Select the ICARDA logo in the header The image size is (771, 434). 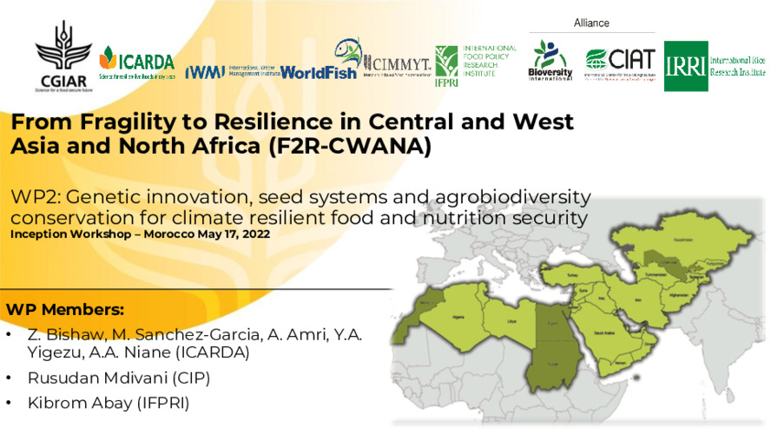coord(136,62)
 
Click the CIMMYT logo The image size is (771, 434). coord(395,62)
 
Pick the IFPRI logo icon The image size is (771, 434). coord(447,62)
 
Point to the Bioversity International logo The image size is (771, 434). coord(550,61)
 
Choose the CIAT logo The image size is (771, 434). coord(619,61)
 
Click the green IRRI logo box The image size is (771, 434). coord(686,66)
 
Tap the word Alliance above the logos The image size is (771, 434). coord(591,23)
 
